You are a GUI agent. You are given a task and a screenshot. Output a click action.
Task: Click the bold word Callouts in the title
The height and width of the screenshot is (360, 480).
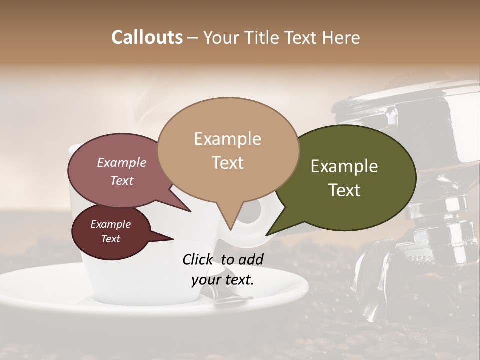[x=147, y=37]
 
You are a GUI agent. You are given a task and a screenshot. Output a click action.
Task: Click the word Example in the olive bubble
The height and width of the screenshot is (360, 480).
[x=344, y=166]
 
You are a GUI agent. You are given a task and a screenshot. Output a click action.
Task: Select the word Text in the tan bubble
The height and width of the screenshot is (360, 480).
[x=228, y=163]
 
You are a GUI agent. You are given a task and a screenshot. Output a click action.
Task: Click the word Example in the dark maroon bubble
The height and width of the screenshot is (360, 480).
[x=110, y=224]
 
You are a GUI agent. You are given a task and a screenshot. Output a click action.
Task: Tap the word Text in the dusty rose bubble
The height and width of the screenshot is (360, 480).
[x=122, y=180]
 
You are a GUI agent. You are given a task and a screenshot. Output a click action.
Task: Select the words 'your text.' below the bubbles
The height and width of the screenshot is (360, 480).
[x=223, y=280]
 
